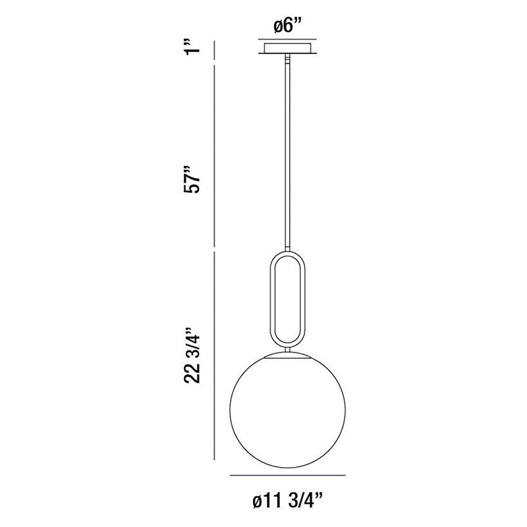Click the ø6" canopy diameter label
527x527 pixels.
[x=287, y=26]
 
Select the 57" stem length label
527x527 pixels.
[x=192, y=179]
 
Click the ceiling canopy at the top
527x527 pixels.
[x=287, y=48]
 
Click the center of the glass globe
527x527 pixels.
[x=287, y=409]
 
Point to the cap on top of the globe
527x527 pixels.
[x=287, y=355]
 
